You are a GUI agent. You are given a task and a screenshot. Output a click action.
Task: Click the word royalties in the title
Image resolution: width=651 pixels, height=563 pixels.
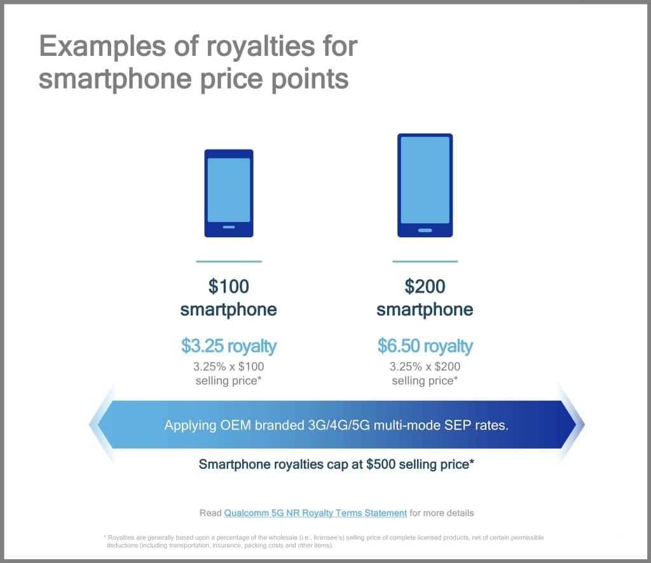point(261,46)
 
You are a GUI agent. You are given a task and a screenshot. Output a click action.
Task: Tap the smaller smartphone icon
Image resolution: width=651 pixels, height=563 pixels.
point(229,193)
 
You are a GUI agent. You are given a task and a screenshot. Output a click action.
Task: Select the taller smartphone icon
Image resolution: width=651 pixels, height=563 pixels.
point(425,185)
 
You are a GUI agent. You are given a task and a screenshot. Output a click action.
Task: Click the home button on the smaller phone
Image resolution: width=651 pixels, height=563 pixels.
point(229,227)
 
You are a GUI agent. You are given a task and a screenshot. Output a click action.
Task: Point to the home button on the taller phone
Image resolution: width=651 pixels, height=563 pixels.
point(425,230)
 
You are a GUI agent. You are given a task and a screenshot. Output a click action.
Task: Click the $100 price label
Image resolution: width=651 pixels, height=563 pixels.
point(229,286)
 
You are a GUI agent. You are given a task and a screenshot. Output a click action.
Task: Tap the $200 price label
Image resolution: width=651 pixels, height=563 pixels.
point(425,286)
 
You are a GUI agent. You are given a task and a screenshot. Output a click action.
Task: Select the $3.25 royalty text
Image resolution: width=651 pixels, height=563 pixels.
point(229,345)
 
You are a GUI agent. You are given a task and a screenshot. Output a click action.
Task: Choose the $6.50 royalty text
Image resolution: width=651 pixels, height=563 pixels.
point(425,345)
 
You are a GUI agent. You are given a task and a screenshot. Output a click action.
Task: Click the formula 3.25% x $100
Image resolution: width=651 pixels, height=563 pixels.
point(229,366)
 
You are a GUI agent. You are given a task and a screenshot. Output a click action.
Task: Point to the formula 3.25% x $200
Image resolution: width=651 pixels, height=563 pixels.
point(425,366)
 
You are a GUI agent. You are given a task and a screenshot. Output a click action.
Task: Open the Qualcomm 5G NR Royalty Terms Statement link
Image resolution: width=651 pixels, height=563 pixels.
point(315,513)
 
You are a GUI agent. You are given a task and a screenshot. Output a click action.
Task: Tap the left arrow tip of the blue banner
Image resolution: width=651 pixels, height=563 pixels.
point(90,424)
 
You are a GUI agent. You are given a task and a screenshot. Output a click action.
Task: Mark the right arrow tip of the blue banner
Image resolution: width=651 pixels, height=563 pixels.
point(584,424)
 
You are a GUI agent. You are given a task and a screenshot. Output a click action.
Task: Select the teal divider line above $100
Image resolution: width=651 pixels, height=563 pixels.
point(229,261)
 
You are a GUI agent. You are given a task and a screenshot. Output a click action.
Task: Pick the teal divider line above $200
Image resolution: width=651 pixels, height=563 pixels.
point(425,261)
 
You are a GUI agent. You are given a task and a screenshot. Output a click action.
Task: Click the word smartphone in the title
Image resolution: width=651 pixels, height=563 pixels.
point(116,80)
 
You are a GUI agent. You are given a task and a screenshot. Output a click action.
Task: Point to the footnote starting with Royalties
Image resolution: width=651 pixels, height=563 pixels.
point(324,541)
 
